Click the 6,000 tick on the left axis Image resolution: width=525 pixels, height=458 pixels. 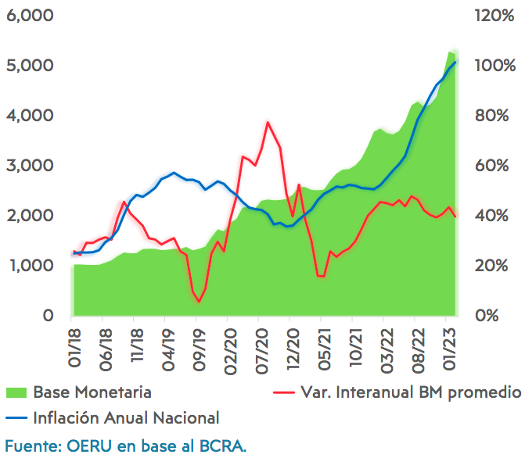tap(29, 16)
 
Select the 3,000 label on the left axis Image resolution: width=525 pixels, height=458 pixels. tap(29, 166)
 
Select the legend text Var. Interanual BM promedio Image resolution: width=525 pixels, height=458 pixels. tap(410, 392)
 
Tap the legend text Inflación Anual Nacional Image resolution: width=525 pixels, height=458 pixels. tap(126, 417)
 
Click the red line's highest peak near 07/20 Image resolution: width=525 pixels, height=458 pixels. tap(268, 122)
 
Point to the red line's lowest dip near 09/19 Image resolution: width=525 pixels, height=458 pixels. tap(199, 302)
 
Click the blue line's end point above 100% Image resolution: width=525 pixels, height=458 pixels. tap(456, 62)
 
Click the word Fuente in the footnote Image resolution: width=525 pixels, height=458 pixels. tap(28, 446)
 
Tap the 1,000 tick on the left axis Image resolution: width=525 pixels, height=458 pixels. tap(29, 266)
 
